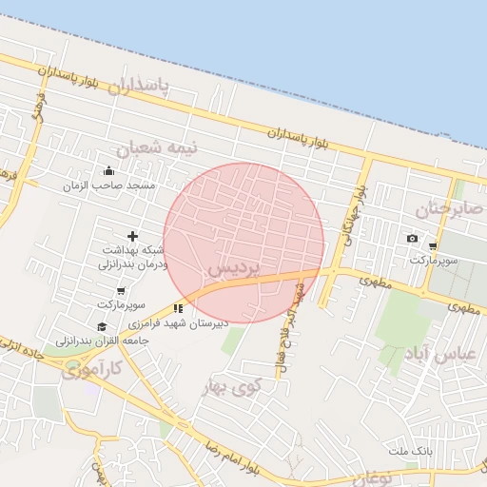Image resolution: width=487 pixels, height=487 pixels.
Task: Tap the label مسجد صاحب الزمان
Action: point(108,186)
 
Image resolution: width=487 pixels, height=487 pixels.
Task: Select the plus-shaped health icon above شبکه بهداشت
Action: point(131,235)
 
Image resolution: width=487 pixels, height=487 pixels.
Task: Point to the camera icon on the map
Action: point(411,238)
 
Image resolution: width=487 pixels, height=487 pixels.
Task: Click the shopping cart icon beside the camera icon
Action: point(433,245)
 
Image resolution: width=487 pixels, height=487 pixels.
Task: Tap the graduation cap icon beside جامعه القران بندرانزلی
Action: point(101,326)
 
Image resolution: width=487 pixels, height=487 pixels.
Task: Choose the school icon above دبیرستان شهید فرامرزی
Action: point(177,308)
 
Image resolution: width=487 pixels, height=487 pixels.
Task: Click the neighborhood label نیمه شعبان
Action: point(146,149)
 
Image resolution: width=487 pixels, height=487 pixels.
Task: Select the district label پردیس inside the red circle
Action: point(233,269)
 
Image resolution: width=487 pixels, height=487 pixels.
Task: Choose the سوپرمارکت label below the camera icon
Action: point(435,260)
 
